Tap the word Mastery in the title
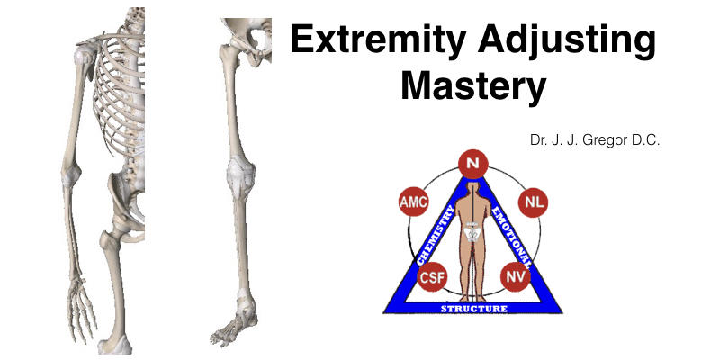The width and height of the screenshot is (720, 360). [473, 87]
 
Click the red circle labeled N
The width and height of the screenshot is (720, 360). [472, 164]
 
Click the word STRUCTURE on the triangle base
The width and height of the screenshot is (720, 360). [473, 309]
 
